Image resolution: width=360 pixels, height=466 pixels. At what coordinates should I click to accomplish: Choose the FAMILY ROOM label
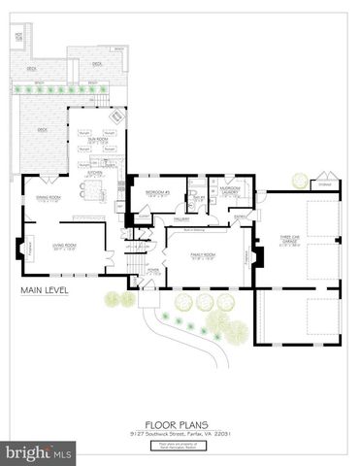(203, 256)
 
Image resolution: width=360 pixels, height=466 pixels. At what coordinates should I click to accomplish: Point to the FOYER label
(151, 271)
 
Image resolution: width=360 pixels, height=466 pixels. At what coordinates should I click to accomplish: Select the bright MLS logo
(39, 453)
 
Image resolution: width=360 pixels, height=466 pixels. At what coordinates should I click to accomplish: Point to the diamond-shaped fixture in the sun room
(115, 117)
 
